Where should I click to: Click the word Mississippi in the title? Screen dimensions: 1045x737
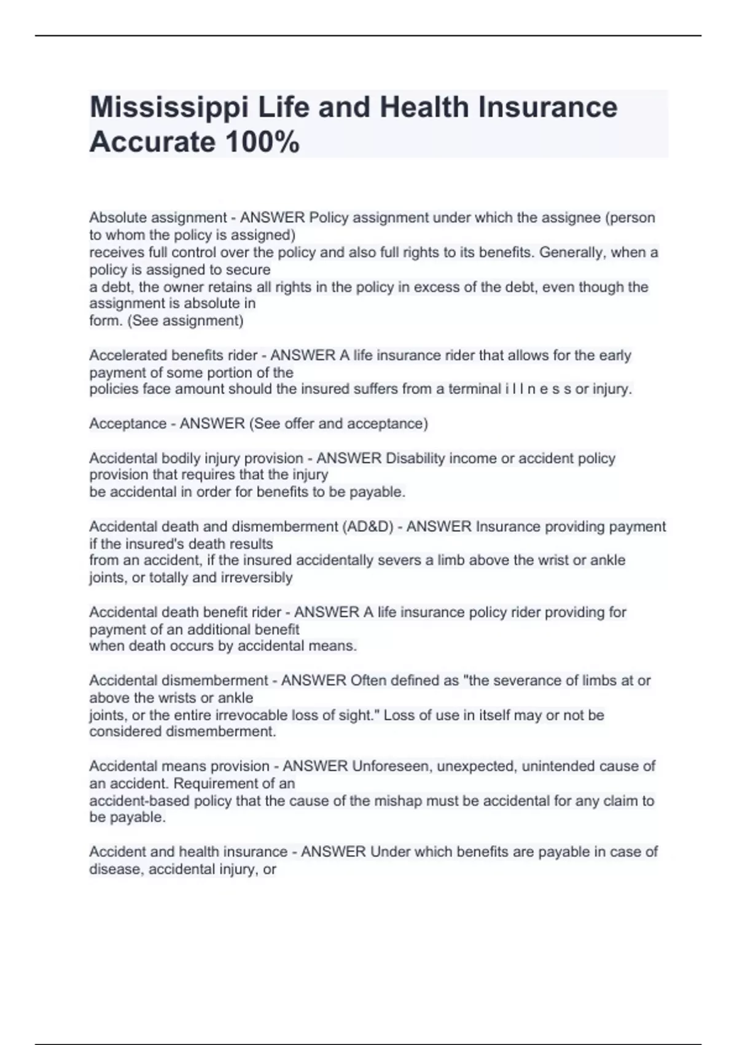click(169, 108)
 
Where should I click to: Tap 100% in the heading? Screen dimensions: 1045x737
click(262, 143)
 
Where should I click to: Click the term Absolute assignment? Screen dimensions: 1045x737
click(158, 218)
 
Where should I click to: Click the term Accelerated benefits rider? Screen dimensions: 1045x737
click(173, 355)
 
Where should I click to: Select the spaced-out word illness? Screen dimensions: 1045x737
click(537, 389)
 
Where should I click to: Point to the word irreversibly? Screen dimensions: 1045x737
click(256, 578)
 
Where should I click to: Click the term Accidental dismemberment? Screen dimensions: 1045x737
click(179, 680)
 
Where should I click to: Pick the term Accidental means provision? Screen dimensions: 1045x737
click(179, 767)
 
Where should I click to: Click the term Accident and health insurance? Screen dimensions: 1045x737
click(188, 852)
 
